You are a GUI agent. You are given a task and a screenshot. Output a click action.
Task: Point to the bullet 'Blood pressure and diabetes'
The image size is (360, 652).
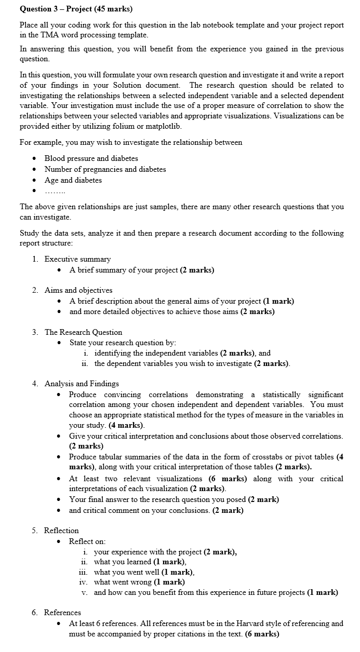pos(91,158)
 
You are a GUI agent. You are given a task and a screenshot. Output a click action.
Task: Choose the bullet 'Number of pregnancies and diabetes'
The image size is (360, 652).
pos(105,169)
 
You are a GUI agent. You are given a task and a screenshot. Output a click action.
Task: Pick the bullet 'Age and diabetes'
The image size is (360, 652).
pos(73,180)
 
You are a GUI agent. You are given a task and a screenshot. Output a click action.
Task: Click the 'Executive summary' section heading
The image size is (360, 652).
pos(77,259)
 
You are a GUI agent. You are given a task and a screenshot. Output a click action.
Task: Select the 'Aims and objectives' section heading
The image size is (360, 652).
pos(78,290)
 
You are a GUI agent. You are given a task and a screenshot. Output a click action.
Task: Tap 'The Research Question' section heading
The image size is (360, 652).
pos(83,332)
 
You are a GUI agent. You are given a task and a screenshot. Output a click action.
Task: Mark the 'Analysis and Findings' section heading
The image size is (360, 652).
pos(82,384)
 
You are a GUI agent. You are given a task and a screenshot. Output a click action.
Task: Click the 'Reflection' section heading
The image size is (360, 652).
pos(61,531)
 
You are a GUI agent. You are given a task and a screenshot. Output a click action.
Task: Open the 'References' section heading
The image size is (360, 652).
pos(62,613)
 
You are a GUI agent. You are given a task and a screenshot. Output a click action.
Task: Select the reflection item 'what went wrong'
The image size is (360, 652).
pos(119,582)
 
